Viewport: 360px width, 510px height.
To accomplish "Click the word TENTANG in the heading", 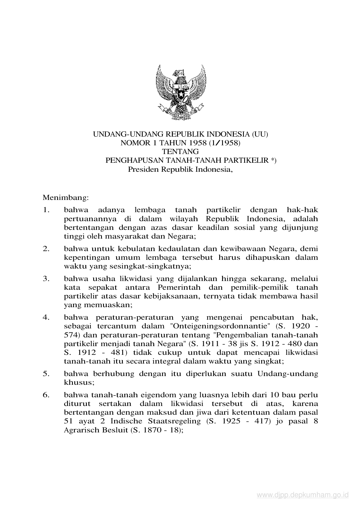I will [x=180, y=151].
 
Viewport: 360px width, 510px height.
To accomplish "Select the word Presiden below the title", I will [x=143, y=169].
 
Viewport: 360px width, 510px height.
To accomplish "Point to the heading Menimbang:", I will [x=65, y=198].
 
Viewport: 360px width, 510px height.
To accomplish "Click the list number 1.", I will [x=46, y=210].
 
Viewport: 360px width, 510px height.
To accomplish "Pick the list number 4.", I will [x=46, y=317].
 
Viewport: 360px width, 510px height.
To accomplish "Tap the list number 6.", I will [x=46, y=395].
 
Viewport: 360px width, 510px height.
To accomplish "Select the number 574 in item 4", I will [x=70, y=335].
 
